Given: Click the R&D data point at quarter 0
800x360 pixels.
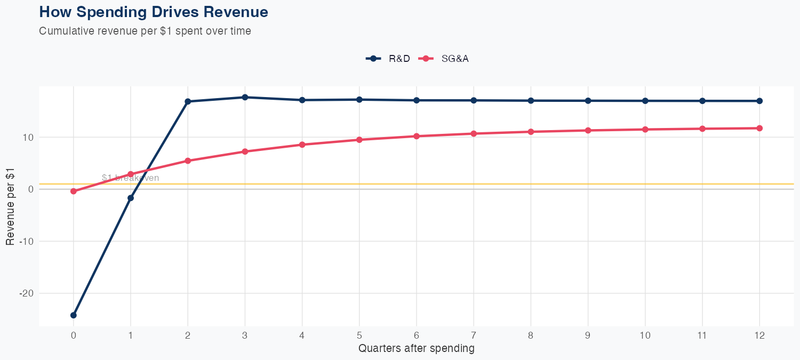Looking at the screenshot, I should coord(74,315).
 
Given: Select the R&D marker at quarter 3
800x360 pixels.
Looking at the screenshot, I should coord(245,97).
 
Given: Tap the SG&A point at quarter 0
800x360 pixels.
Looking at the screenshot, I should coord(74,191).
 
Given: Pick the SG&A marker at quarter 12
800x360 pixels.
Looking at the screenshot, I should coord(759,128).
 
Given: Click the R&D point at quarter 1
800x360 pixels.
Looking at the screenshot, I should coord(131,198).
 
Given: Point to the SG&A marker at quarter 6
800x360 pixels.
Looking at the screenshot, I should coord(417,136).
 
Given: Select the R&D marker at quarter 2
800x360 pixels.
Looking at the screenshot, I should coord(188,101).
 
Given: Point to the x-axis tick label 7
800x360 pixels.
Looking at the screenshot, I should coord(474,335).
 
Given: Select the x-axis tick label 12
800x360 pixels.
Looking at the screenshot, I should coord(759,335).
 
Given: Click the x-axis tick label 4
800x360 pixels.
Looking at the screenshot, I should coord(302,335).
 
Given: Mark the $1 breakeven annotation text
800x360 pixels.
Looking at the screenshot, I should coord(130,178).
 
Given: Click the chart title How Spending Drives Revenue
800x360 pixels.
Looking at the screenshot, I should coord(154,12).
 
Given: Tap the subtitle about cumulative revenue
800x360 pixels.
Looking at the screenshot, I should coord(145,31).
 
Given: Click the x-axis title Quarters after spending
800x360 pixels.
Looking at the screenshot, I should coord(417,349).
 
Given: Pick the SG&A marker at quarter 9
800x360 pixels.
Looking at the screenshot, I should coord(588,130).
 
